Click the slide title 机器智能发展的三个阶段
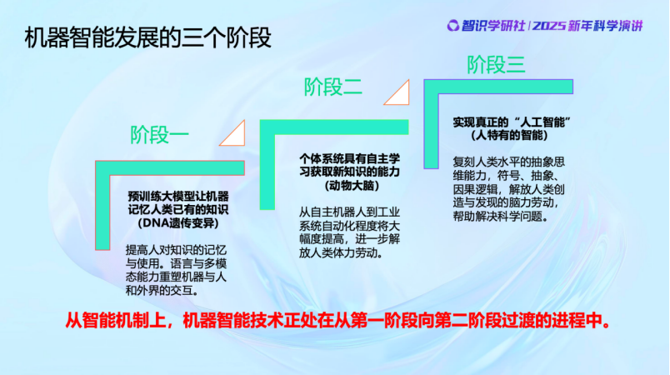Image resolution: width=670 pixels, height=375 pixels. tap(147, 38)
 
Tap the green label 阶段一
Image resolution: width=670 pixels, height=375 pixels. tap(159, 135)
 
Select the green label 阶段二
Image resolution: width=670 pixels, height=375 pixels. tap(332, 87)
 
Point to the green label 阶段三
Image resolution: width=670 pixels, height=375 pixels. tap(496, 65)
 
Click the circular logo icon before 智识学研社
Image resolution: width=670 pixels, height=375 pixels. tap(453, 26)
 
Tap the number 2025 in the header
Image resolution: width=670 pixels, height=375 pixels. tap(549, 26)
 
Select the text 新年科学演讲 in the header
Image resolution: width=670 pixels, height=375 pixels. tap(606, 26)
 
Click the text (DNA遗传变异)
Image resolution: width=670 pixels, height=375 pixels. tap(178, 223)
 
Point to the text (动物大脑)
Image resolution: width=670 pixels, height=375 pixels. tap(351, 186)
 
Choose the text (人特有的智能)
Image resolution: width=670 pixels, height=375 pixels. tap(509, 135)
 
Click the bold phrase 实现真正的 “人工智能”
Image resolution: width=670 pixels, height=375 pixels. tap(512, 122)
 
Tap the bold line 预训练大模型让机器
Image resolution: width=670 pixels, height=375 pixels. tap(178, 196)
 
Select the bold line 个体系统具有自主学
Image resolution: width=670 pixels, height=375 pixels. tap(349, 159)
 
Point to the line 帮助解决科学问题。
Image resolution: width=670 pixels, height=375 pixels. tap(501, 216)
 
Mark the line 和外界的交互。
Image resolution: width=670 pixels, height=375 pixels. tap(162, 291)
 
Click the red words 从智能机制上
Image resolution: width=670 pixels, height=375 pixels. tap(115, 320)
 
